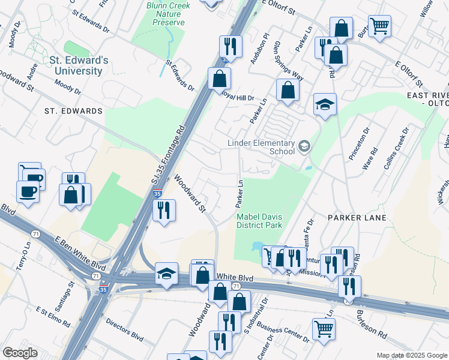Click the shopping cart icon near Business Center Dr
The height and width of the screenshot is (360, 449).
click(324, 328)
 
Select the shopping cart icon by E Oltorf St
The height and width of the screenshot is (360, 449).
click(379, 26)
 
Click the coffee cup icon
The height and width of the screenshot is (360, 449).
click(28, 192)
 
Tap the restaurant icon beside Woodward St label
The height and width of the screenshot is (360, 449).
click(163, 210)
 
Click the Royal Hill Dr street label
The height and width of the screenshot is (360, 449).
click(239, 96)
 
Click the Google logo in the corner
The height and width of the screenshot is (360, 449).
click(20, 352)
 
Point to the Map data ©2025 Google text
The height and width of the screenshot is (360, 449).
click(411, 355)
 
